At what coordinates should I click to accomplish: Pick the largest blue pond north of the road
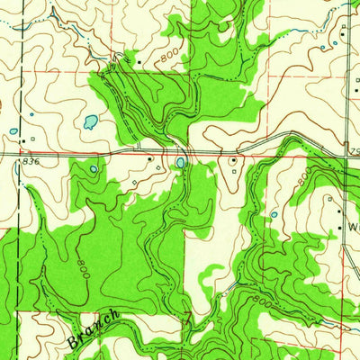point(90,121)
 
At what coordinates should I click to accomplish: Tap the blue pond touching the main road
point(181,163)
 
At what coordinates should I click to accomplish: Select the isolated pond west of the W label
point(274,214)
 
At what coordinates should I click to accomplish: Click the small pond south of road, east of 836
point(93,168)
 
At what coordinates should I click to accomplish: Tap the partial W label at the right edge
point(353,227)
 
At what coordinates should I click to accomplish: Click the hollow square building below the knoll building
point(236,172)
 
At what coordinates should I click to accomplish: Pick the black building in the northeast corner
point(343,29)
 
